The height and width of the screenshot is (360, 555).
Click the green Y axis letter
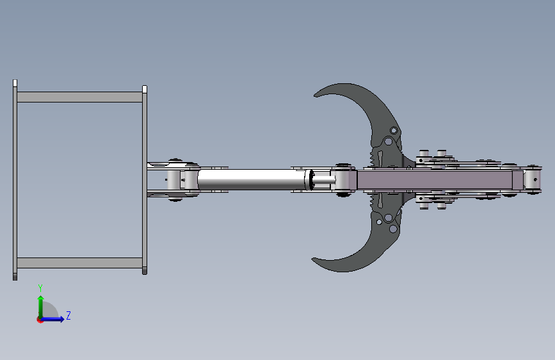tap(40, 288)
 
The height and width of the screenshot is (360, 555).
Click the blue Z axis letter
tap(68, 315)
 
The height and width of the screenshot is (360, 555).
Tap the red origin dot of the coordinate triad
tap(40, 320)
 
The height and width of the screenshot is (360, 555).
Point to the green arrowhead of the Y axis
tap(41, 299)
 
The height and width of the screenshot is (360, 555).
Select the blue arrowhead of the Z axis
tap(62, 319)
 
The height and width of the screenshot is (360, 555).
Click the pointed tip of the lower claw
tap(312, 259)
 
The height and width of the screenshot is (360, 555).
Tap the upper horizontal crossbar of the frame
tap(79, 97)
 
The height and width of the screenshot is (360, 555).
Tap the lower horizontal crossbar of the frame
tap(79, 263)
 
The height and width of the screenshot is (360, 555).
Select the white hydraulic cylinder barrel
tap(252, 179)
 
